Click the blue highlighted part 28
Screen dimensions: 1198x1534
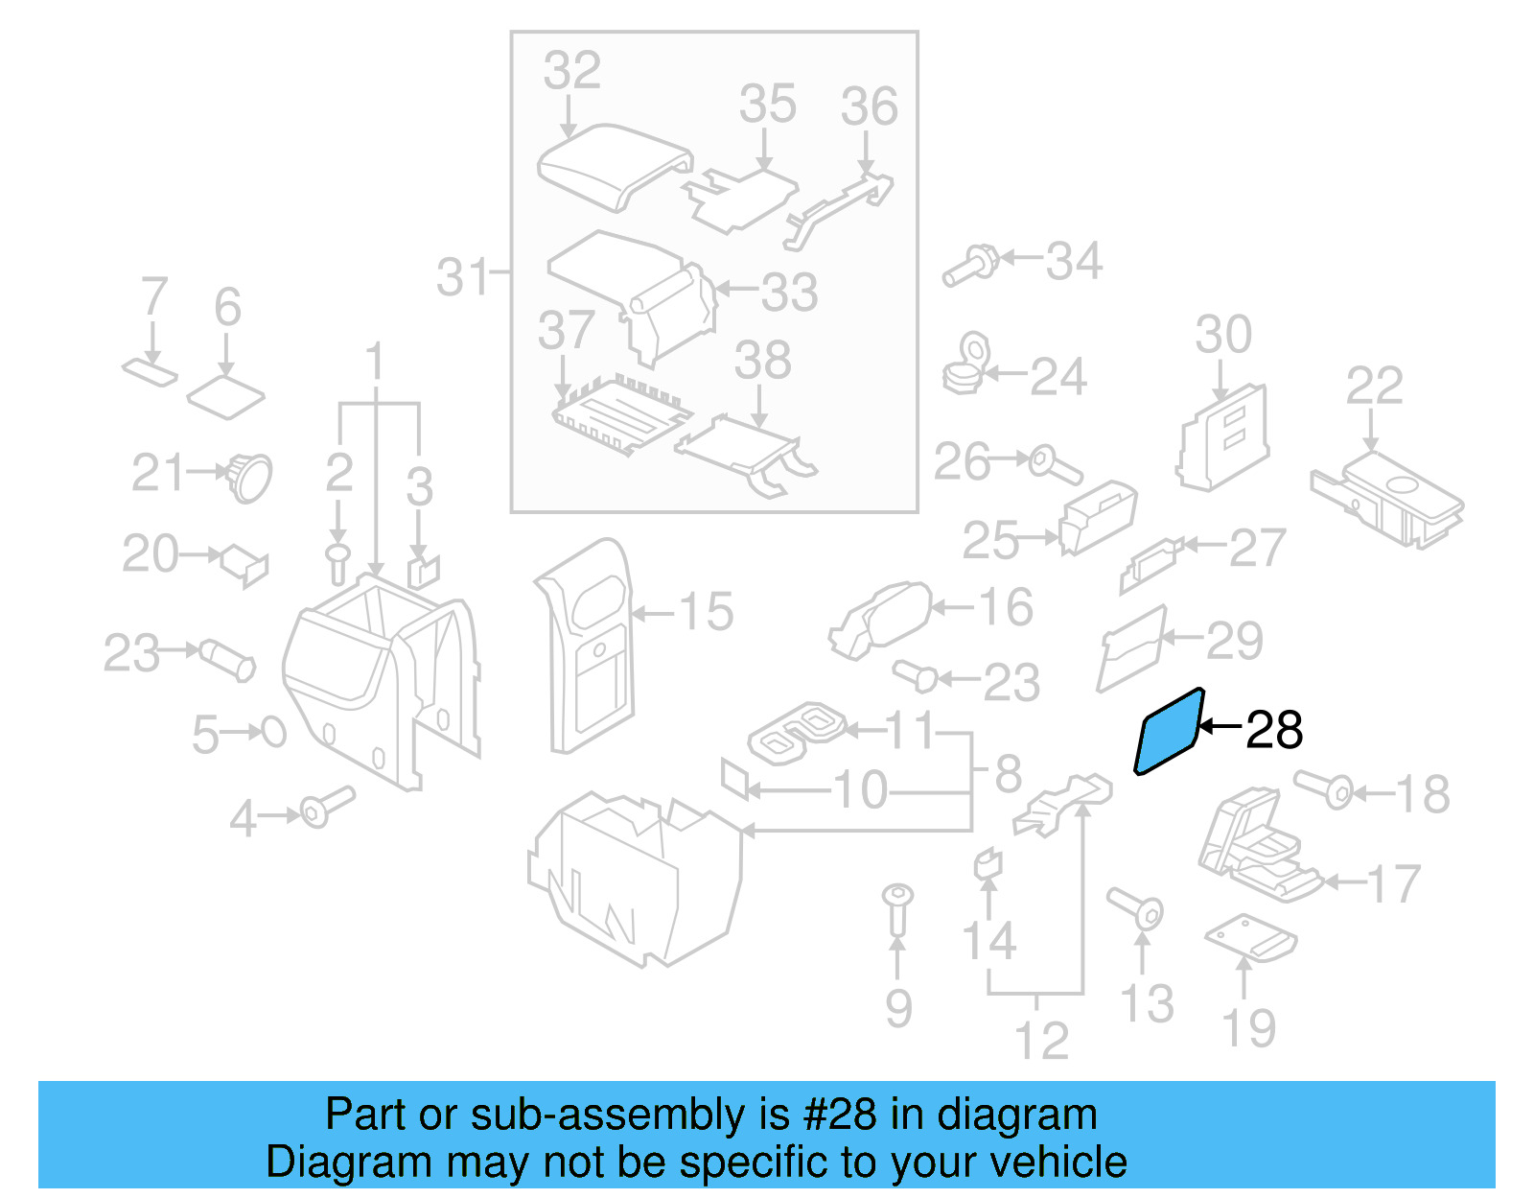point(1168,732)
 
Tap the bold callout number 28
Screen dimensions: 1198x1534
point(1274,731)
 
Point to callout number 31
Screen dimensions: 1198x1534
point(464,277)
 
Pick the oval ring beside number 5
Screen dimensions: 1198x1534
point(274,733)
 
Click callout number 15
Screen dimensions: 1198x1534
point(706,612)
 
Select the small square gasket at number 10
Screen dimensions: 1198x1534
point(734,778)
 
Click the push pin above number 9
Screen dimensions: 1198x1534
point(897,907)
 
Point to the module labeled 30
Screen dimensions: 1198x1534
point(1223,439)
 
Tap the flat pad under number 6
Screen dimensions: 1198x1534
point(225,396)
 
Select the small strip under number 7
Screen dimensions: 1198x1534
point(150,371)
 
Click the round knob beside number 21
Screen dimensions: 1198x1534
point(249,477)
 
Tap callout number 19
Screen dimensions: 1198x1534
point(1249,1028)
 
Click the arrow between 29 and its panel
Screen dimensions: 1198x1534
point(1181,637)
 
